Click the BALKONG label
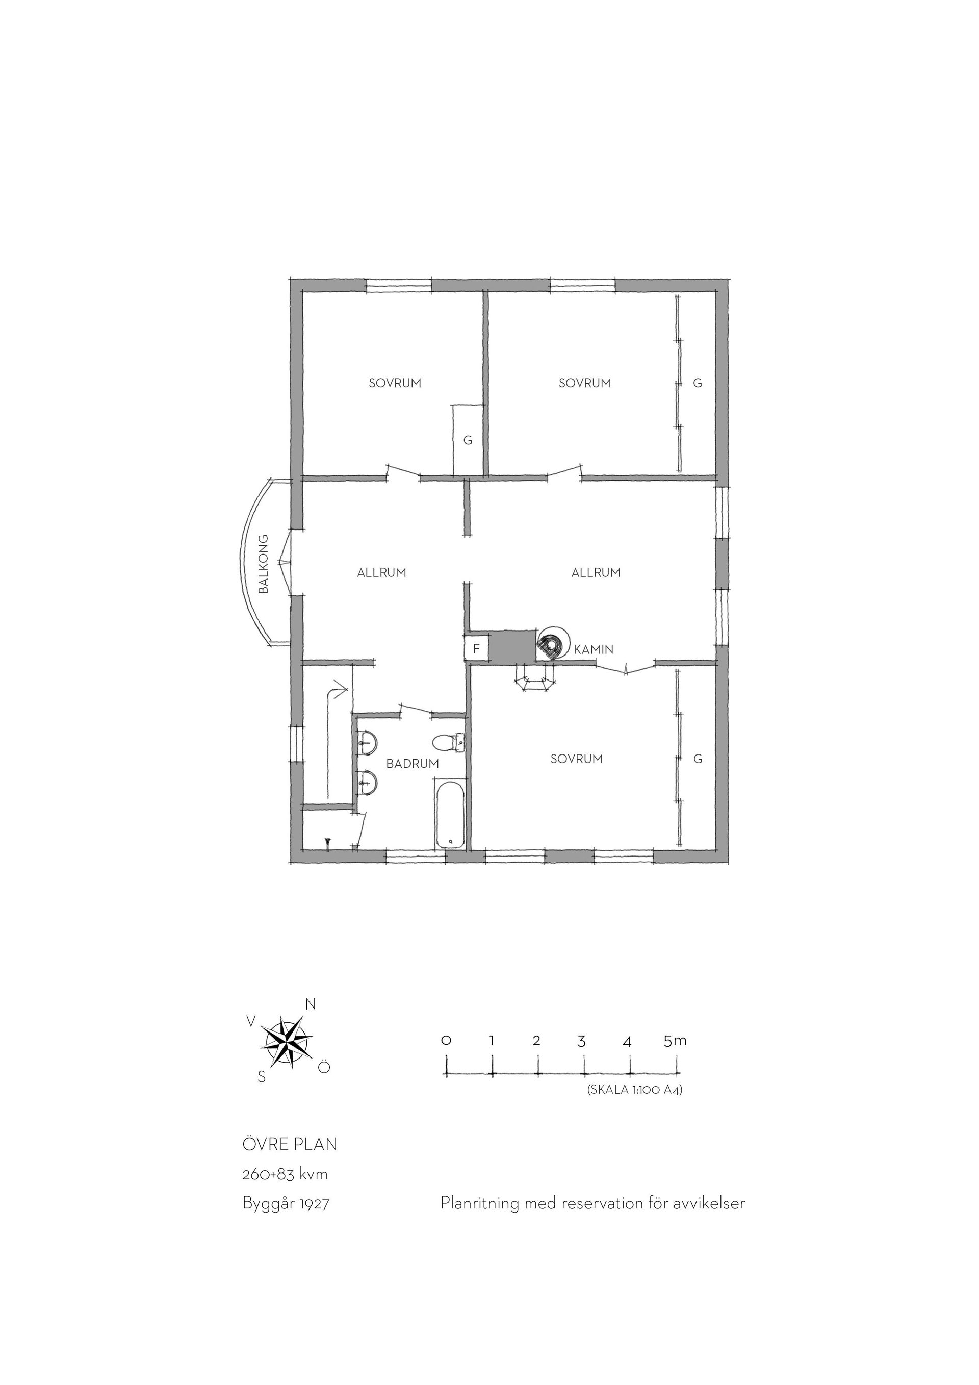(263, 564)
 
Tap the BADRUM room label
(413, 764)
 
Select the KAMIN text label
(594, 650)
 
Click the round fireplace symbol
(553, 644)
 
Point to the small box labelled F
(476, 649)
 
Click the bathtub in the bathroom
(450, 816)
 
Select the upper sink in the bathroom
(367, 743)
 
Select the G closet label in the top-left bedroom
(468, 440)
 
